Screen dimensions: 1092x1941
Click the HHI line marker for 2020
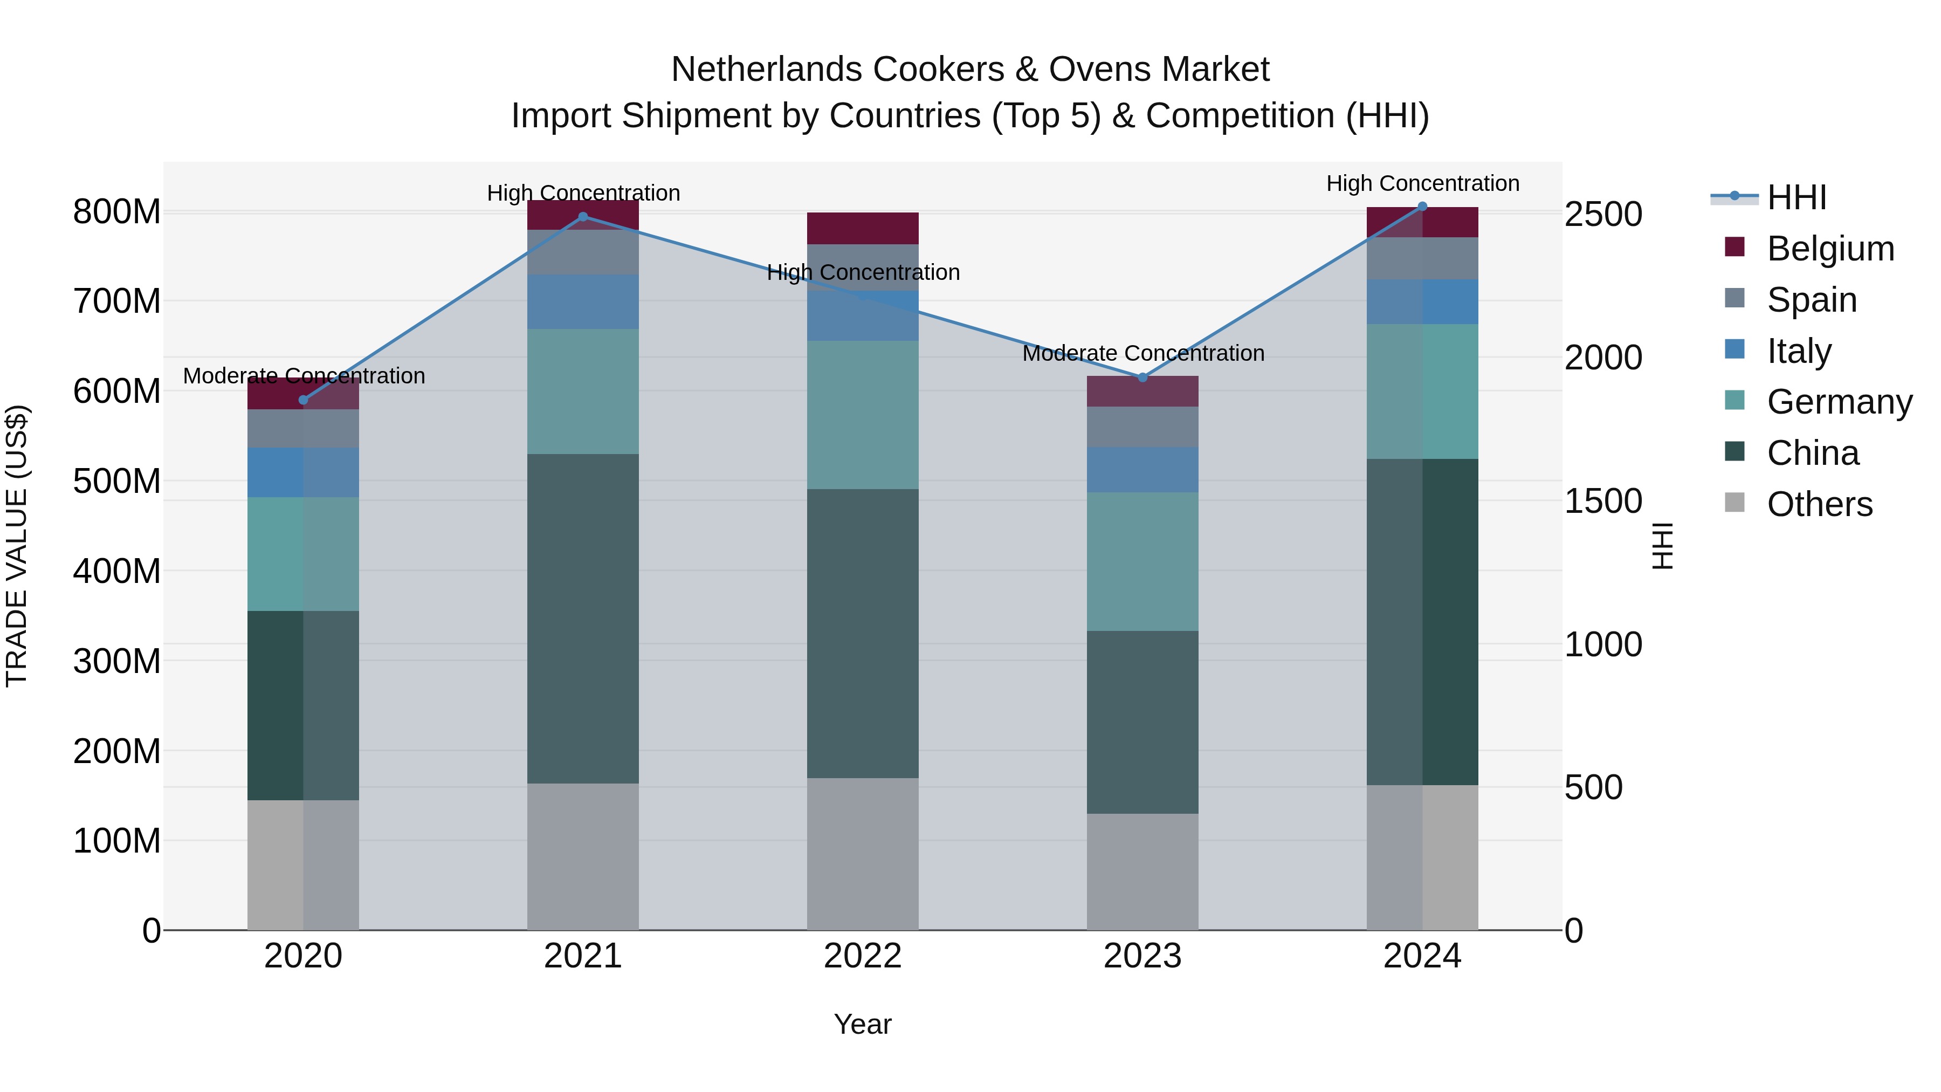(x=303, y=400)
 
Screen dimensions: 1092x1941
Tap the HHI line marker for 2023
(x=1142, y=377)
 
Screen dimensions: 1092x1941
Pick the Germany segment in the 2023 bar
(x=1142, y=561)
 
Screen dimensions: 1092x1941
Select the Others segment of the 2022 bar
(x=863, y=853)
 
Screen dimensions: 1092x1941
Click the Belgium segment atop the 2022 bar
(x=863, y=228)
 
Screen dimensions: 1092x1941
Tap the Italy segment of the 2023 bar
(x=1142, y=470)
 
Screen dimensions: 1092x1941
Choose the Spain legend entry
(x=1812, y=300)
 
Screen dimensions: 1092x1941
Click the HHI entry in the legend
(x=1797, y=197)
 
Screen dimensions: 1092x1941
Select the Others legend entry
(x=1819, y=504)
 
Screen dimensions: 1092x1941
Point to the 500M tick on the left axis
(x=117, y=481)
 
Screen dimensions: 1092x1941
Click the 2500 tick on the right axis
(x=1603, y=214)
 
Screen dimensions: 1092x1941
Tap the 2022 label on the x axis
(x=863, y=956)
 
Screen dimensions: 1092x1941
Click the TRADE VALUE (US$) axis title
(x=17, y=546)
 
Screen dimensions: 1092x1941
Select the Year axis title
(x=863, y=1024)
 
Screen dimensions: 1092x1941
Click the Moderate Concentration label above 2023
(x=1142, y=353)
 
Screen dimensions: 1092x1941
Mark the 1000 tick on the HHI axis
(x=1603, y=644)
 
